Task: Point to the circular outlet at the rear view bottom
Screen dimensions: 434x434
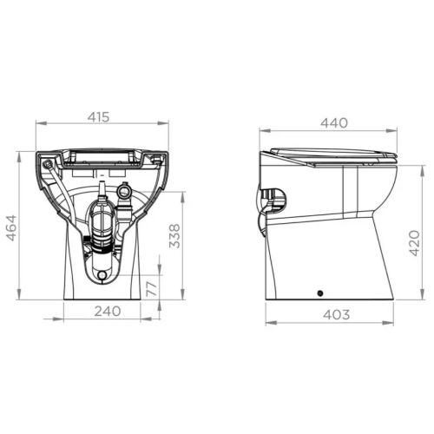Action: [x=103, y=275]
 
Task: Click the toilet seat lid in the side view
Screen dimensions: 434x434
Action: [x=332, y=154]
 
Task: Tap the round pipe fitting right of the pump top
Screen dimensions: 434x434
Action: [x=124, y=189]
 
